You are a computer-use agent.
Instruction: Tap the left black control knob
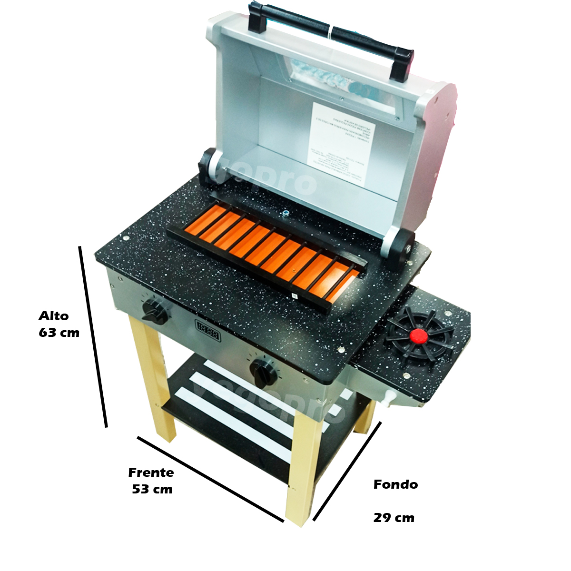(x=155, y=312)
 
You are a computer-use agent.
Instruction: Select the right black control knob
(x=264, y=373)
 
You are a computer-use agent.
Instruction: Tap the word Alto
(x=54, y=316)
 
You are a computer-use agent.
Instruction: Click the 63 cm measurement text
(x=59, y=333)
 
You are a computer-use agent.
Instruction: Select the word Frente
(x=151, y=473)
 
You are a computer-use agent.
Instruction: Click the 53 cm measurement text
(x=152, y=489)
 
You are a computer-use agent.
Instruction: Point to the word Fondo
(x=395, y=484)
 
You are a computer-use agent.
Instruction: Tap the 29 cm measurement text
(x=394, y=518)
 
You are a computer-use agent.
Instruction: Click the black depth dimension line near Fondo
(x=347, y=471)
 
